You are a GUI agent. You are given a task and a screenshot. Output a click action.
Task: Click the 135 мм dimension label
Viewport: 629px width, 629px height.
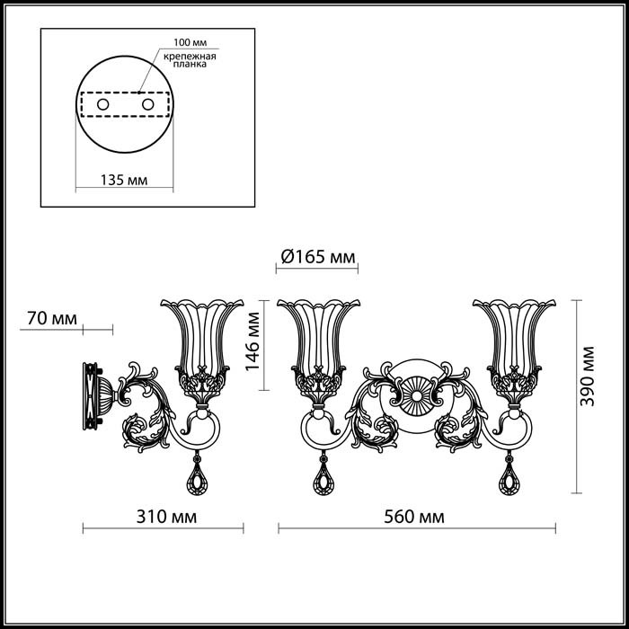[x=124, y=180]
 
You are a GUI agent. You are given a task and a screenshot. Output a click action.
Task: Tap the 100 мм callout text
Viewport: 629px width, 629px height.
[x=190, y=42]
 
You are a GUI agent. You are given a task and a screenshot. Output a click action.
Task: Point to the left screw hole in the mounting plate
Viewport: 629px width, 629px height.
[x=103, y=105]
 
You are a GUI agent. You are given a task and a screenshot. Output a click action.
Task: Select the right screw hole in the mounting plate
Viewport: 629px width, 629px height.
[x=148, y=105]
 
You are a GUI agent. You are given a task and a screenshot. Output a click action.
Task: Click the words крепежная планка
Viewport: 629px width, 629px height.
[x=190, y=60]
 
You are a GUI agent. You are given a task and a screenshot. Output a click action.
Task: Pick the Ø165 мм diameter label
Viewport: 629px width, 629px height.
[x=318, y=257]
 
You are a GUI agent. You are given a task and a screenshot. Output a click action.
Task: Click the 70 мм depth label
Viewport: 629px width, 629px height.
[x=52, y=318]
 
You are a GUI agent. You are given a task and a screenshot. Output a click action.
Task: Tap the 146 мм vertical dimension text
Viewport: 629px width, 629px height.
[x=252, y=341]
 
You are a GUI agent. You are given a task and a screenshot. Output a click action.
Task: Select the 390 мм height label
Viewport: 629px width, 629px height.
[x=587, y=376]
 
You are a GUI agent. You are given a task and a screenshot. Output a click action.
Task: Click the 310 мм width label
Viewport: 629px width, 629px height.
[x=166, y=517]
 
